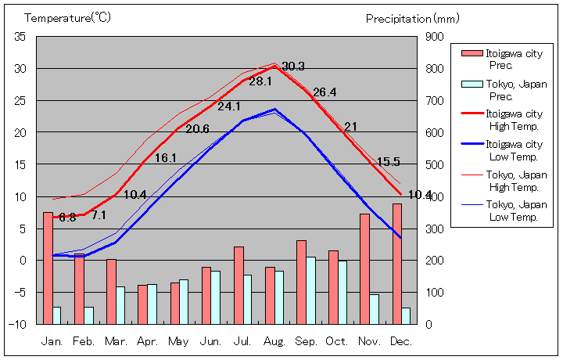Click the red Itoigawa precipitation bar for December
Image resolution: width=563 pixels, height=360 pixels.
397,264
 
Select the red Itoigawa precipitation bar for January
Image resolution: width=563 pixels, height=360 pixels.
48,268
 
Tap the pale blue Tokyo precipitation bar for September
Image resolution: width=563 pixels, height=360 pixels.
311,290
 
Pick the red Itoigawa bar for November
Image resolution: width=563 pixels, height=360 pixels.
365,268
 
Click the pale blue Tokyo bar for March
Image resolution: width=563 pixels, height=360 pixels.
120,305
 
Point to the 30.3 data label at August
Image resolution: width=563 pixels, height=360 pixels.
293,67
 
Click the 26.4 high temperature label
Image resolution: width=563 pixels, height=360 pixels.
325,92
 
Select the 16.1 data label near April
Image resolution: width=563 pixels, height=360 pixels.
166,157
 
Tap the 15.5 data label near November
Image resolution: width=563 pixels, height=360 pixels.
389,162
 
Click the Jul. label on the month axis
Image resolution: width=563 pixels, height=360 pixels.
243,342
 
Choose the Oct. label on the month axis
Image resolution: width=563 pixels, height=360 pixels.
338,342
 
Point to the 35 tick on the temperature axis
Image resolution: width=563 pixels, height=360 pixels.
20,37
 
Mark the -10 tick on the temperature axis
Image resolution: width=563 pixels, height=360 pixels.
19,324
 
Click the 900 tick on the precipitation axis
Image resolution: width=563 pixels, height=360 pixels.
435,37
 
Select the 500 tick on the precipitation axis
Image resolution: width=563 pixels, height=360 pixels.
435,164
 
